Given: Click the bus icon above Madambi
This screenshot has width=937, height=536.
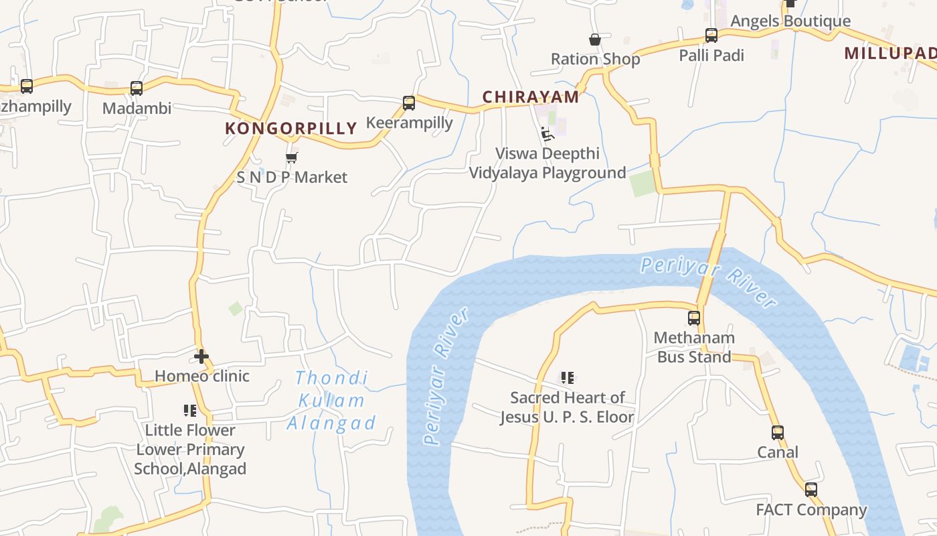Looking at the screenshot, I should tap(137, 88).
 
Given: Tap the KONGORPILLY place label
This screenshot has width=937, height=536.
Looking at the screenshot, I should tap(291, 128).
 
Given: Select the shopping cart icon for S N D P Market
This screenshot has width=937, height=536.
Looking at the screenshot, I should tap(291, 158).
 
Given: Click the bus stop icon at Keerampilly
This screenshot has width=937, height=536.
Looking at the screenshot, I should tap(409, 103).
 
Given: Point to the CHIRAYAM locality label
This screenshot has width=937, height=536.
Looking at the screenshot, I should tap(531, 96).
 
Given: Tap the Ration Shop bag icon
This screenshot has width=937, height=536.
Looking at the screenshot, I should tap(594, 40).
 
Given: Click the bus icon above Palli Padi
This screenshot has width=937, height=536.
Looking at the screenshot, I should tap(711, 36).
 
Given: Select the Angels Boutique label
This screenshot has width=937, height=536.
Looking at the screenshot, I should tap(790, 21).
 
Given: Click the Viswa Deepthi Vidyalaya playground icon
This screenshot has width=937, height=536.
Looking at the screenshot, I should tap(547, 134).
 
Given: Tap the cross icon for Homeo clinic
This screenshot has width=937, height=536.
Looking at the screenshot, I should tap(201, 356).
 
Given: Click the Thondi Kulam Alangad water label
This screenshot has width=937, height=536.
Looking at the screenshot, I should tap(331, 401).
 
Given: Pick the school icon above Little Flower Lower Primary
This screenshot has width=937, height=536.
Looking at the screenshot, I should tap(190, 410).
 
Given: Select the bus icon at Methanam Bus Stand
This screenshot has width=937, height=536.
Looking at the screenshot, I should tap(694, 318).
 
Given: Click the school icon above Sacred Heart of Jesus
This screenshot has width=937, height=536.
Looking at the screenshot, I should tap(567, 378).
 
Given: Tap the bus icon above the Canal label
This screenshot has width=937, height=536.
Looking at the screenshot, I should tap(777, 433).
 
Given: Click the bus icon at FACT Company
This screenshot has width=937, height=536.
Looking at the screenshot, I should tap(811, 490).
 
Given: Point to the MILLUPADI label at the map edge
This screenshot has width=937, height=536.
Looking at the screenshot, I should tap(890, 53).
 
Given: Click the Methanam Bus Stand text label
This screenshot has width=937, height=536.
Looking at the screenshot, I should tap(694, 347).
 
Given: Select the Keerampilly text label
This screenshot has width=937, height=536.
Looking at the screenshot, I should tap(410, 123).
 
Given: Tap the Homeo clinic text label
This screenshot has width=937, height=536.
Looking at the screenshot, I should tap(202, 376).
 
